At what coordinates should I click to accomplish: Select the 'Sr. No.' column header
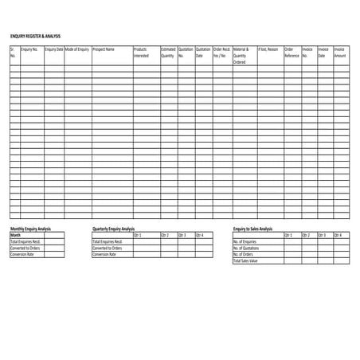pos(13,53)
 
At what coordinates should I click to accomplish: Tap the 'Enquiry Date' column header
pos(54,49)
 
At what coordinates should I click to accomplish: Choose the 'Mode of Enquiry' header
pos(77,49)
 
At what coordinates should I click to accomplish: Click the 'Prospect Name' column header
pos(104,49)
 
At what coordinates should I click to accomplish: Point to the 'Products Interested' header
pos(140,53)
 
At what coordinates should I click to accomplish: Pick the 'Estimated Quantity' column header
pos(168,53)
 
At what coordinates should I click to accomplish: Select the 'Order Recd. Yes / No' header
pos(221,53)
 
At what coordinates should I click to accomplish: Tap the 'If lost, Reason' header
pos(268,49)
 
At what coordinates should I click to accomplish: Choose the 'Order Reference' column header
pos(292,53)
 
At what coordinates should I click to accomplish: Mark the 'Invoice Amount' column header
pos(340,53)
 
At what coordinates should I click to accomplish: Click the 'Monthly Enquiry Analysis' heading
pos(30,229)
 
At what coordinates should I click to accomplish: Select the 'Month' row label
pos(16,235)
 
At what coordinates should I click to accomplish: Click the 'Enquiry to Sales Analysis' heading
pos(253,229)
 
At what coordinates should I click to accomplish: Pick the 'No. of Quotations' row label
pos(247,248)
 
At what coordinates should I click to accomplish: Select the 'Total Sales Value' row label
pos(246,260)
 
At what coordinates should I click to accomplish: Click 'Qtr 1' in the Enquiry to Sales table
pos(288,235)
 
